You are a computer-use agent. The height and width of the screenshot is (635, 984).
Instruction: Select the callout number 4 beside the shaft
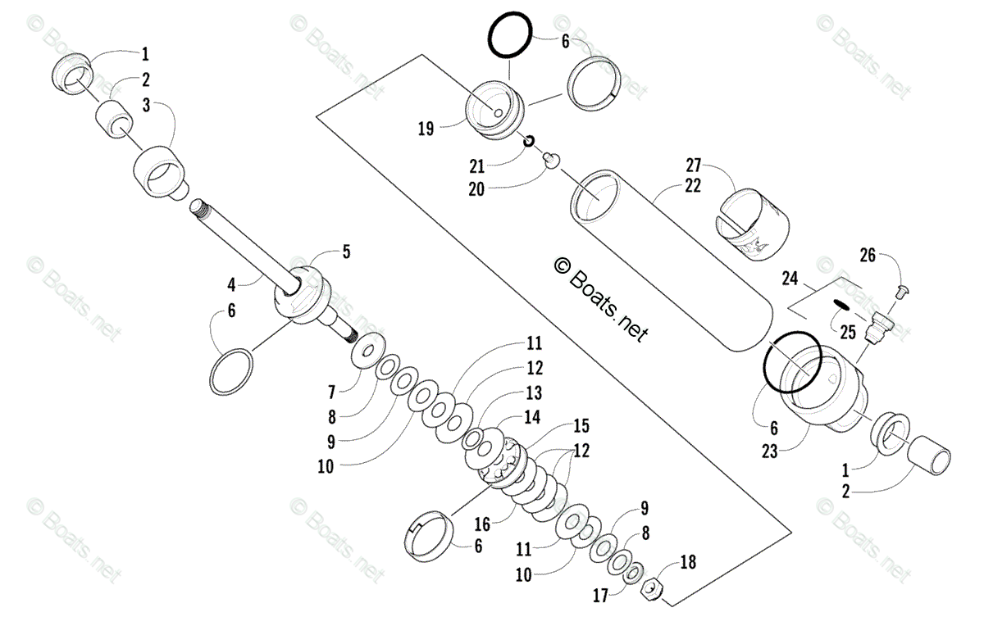pos(232,285)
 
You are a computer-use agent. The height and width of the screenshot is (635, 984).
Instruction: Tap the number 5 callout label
pos(346,252)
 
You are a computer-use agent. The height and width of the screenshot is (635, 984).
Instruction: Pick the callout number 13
pos(534,392)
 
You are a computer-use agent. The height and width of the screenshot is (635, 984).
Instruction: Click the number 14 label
pos(533,416)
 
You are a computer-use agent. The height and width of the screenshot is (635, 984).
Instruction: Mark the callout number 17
pos(602,596)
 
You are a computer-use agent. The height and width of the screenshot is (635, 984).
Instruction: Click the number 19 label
pos(425,128)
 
